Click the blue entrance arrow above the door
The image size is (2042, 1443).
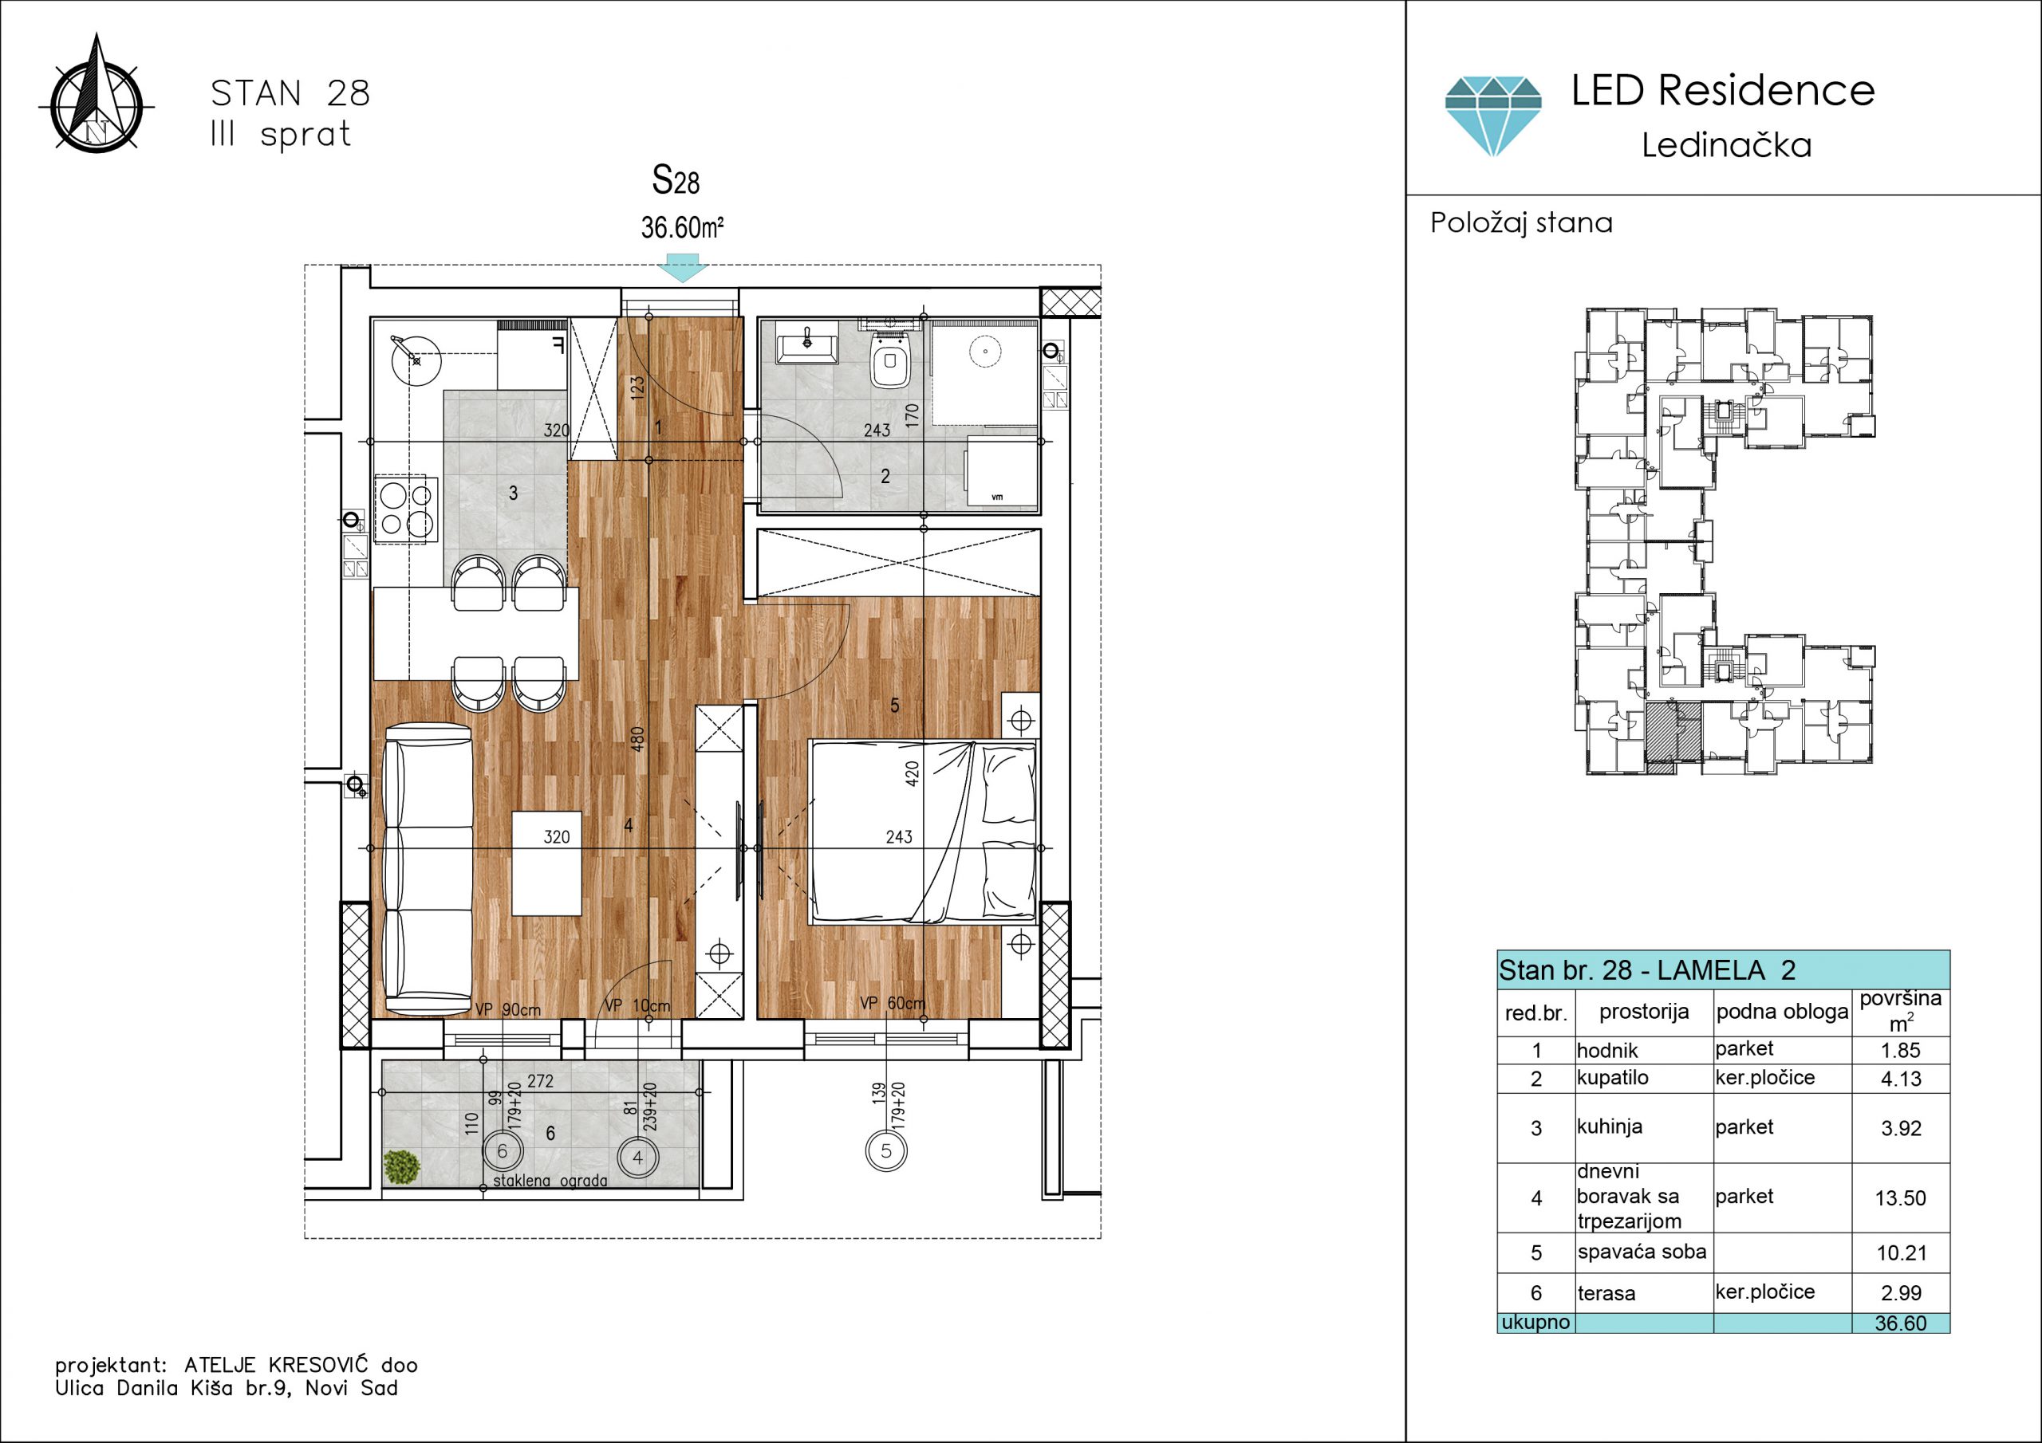[682, 268]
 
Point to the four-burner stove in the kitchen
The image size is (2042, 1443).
[407, 509]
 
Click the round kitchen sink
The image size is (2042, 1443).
[416, 360]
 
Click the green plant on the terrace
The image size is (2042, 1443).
[401, 1167]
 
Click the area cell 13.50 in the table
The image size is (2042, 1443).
[1901, 1198]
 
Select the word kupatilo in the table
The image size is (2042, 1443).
[1612, 1079]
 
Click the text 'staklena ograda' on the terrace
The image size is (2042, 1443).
[550, 1181]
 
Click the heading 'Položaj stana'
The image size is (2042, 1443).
[1521, 222]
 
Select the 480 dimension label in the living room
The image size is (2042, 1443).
[637, 740]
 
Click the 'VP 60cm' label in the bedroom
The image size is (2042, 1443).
[892, 1003]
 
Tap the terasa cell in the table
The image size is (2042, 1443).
[1606, 1294]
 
